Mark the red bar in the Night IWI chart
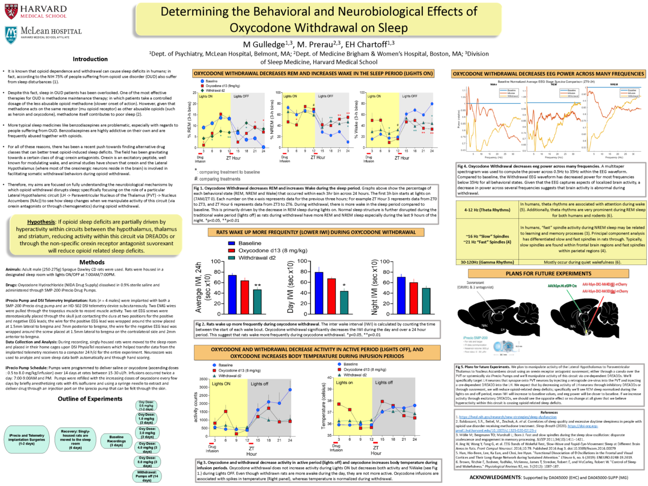[414, 298]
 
